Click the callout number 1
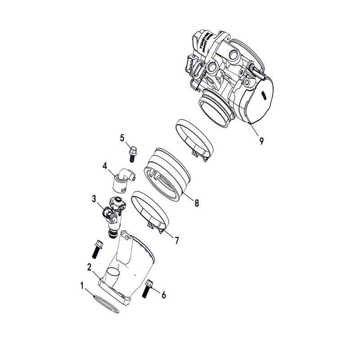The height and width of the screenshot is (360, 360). click(x=82, y=285)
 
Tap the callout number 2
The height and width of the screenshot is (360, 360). click(x=89, y=266)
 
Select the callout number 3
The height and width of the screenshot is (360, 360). click(x=94, y=198)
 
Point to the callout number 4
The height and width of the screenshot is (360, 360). click(x=104, y=166)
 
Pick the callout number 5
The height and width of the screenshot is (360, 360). click(x=121, y=138)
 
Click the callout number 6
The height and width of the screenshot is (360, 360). click(x=164, y=295)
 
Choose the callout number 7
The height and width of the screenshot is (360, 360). click(x=177, y=241)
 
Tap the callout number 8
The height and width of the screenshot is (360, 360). click(x=197, y=203)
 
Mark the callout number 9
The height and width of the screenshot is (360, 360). click(x=261, y=141)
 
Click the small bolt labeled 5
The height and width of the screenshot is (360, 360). click(x=133, y=153)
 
